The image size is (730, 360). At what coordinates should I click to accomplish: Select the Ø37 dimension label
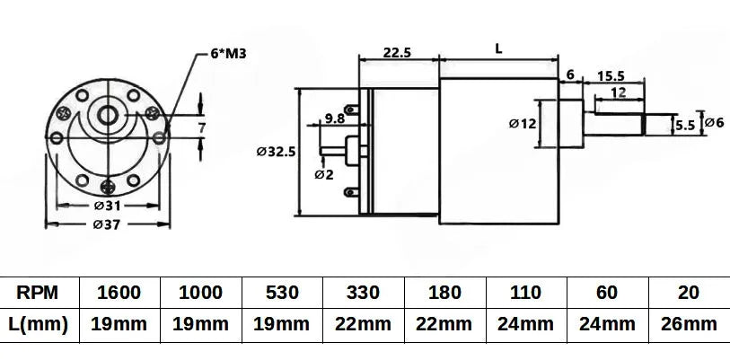click(107, 224)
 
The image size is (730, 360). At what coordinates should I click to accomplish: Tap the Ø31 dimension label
click(107, 206)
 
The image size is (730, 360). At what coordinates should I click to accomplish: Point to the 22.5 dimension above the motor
click(397, 53)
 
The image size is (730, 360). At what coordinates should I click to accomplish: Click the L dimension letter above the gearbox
click(498, 50)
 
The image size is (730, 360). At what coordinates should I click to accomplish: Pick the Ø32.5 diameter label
click(276, 152)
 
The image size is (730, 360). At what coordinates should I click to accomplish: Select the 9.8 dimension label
click(335, 118)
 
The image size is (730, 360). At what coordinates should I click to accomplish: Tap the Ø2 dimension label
click(324, 174)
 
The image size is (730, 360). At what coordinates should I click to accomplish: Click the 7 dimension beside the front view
click(203, 128)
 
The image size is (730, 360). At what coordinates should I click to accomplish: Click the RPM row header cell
click(40, 293)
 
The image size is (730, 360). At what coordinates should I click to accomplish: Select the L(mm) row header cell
click(40, 325)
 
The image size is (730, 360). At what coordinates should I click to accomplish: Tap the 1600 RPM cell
click(120, 293)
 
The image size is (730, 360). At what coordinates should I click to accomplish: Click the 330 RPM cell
click(364, 293)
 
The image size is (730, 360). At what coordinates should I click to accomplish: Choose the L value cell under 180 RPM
click(445, 325)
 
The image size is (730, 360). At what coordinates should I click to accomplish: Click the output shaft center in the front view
click(108, 115)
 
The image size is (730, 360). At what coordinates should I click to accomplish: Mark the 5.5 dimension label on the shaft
click(684, 125)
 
